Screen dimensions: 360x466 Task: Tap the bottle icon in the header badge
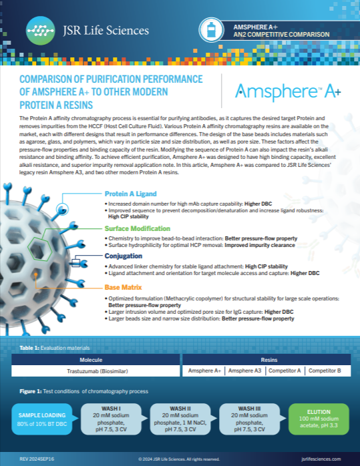[212, 29]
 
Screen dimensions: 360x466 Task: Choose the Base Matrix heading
[123, 287]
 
